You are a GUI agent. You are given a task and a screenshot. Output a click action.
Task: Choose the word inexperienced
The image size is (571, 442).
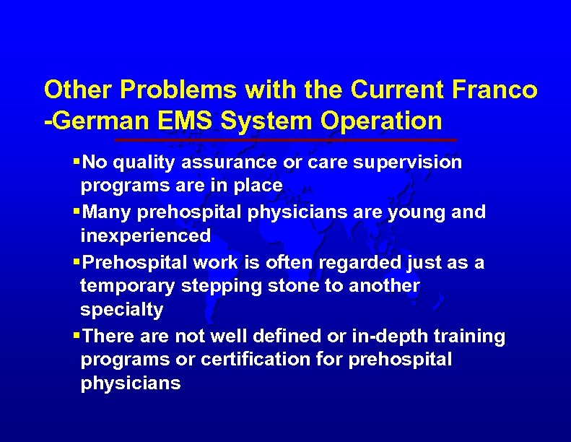pos(146,235)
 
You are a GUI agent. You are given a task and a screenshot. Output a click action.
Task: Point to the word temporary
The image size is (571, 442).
pos(128,286)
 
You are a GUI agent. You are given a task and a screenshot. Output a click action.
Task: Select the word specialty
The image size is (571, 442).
pos(121,310)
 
